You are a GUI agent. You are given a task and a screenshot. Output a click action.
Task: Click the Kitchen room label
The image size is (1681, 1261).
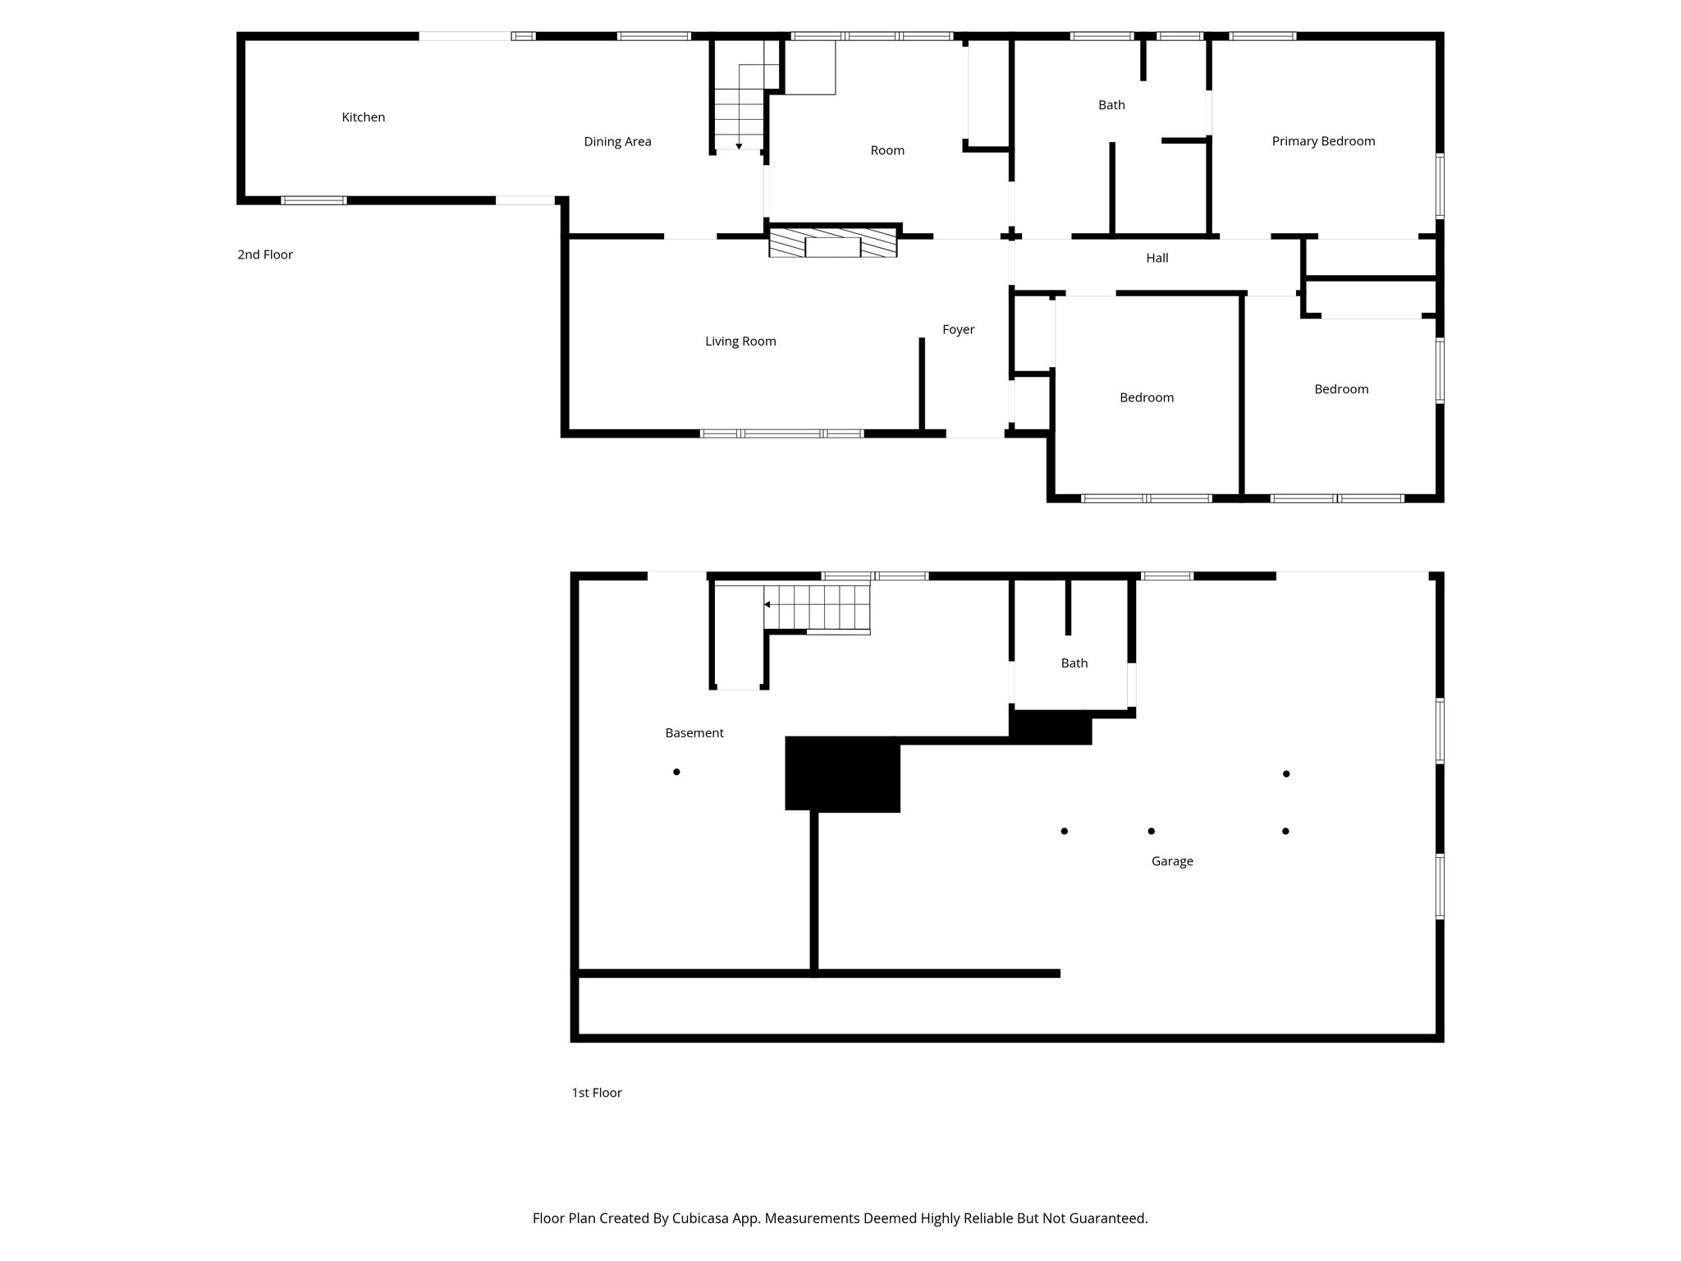pyautogui.click(x=363, y=117)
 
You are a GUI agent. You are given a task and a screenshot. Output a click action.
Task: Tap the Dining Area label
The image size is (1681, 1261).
pyautogui.click(x=617, y=142)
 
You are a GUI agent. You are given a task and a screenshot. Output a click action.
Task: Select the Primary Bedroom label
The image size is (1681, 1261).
pyautogui.click(x=1323, y=141)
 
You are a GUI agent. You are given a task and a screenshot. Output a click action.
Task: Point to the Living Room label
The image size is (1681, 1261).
pyautogui.click(x=740, y=342)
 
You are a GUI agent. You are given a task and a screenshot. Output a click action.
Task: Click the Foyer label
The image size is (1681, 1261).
pyautogui.click(x=958, y=329)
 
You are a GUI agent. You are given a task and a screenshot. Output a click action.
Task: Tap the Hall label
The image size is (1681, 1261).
pyautogui.click(x=1157, y=258)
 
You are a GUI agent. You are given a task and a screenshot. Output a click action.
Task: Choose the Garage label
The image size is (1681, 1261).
pyautogui.click(x=1171, y=861)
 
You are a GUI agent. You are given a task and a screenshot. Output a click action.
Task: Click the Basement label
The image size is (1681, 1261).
pyautogui.click(x=694, y=733)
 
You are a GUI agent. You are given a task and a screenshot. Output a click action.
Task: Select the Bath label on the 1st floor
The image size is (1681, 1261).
pyautogui.click(x=1074, y=663)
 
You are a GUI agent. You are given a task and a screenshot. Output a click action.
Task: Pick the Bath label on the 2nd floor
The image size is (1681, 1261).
pyautogui.click(x=1111, y=105)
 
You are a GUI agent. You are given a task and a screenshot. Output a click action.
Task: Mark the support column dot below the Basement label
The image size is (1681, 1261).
pyautogui.click(x=676, y=772)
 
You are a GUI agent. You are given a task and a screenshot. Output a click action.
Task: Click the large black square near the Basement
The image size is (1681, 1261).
pyautogui.click(x=842, y=774)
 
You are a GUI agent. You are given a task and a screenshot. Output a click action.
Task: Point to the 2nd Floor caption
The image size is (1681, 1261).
pyautogui.click(x=265, y=254)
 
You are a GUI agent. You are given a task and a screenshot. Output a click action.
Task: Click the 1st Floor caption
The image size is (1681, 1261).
pyautogui.click(x=597, y=1093)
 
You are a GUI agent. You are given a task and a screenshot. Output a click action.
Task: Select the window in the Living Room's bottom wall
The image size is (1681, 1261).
pyautogui.click(x=781, y=433)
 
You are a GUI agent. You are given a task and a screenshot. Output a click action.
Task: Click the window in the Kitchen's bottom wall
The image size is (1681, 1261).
pyautogui.click(x=314, y=200)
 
